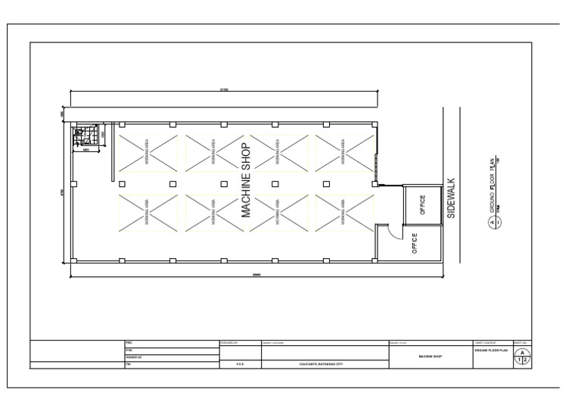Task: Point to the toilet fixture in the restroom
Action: pos(79,132)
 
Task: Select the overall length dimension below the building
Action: pos(225,274)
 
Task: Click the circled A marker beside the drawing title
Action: pos(492,223)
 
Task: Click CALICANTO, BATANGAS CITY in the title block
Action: pos(321,365)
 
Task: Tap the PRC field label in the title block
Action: pos(128,344)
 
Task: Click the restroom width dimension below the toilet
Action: pos(86,149)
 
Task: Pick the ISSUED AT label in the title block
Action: pos(132,358)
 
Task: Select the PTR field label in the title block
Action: pos(128,351)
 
